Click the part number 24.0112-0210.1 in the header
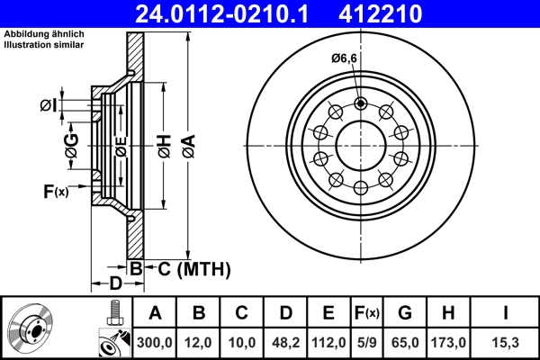click(x=228, y=13)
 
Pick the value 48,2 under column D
click(x=285, y=341)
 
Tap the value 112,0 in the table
click(x=328, y=341)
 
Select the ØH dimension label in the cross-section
click(x=164, y=143)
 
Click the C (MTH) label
click(x=189, y=268)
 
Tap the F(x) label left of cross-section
click(x=56, y=191)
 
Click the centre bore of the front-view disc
click(x=361, y=145)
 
